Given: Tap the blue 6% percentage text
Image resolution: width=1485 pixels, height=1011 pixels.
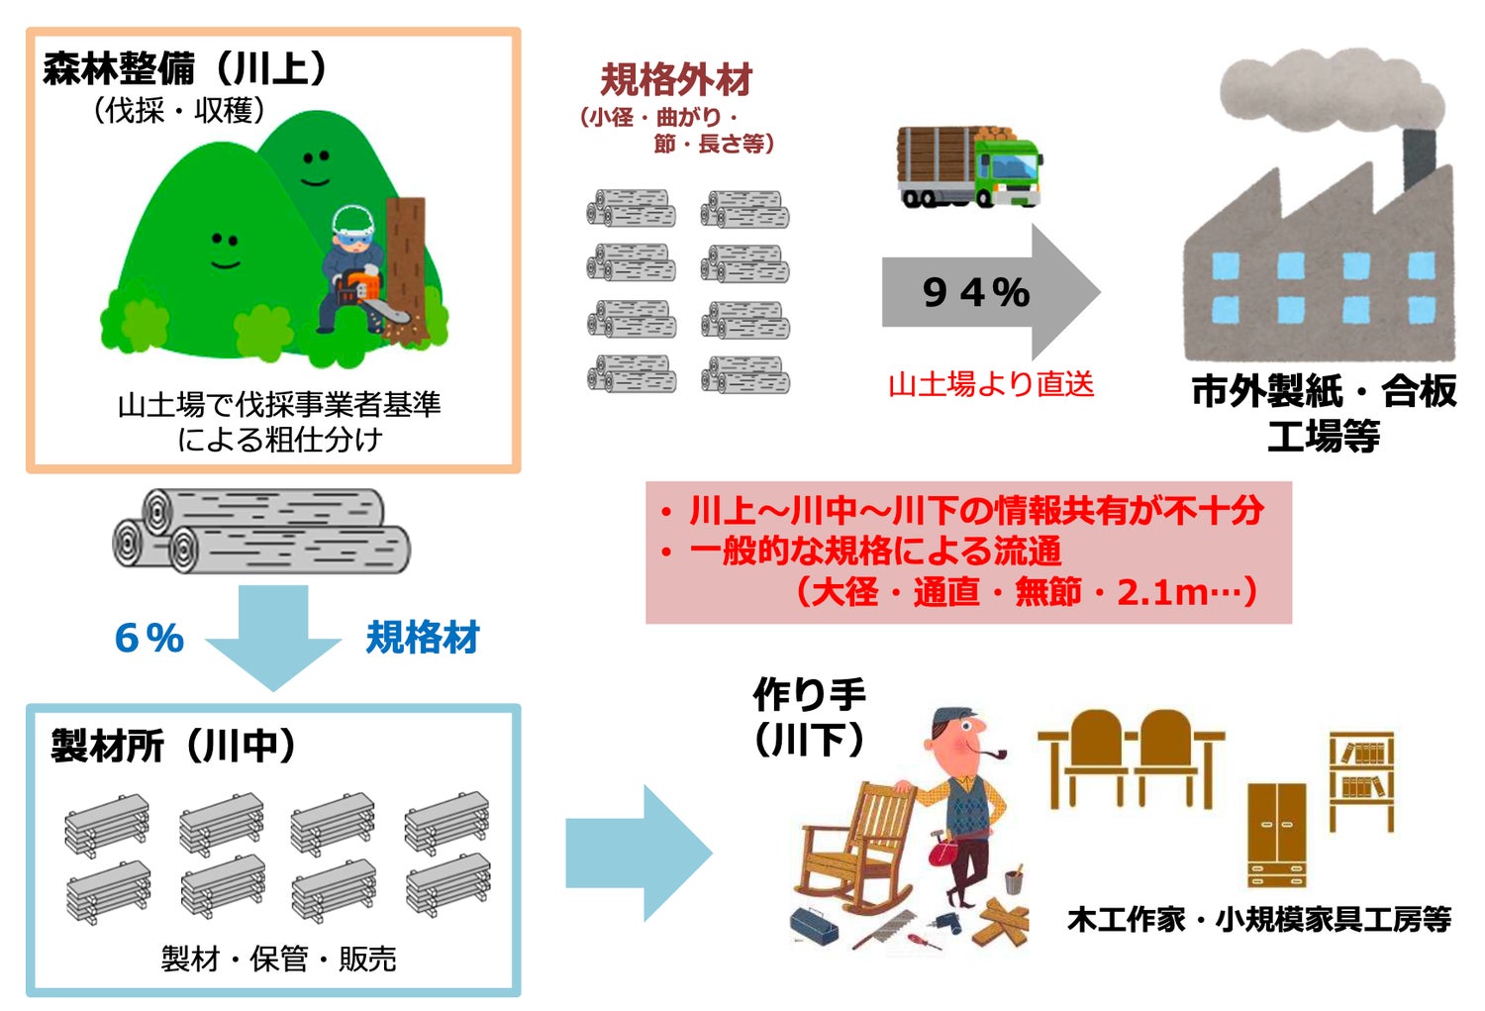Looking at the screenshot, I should (149, 638).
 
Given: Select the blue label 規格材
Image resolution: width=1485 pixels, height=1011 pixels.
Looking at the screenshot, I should (423, 638).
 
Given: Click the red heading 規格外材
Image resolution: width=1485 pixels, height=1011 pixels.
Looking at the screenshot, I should (676, 79).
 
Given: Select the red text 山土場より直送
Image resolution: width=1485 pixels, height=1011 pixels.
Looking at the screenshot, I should (991, 384).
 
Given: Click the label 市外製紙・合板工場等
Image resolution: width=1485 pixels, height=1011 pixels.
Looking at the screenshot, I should (1324, 412).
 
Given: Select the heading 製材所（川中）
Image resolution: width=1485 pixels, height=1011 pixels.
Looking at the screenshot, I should (173, 746).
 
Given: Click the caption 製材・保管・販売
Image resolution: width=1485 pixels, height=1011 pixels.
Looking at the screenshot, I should (278, 959).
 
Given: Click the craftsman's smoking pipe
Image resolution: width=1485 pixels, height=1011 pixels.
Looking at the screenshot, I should (994, 755).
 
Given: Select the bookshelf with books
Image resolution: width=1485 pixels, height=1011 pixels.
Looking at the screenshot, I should (1361, 778).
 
